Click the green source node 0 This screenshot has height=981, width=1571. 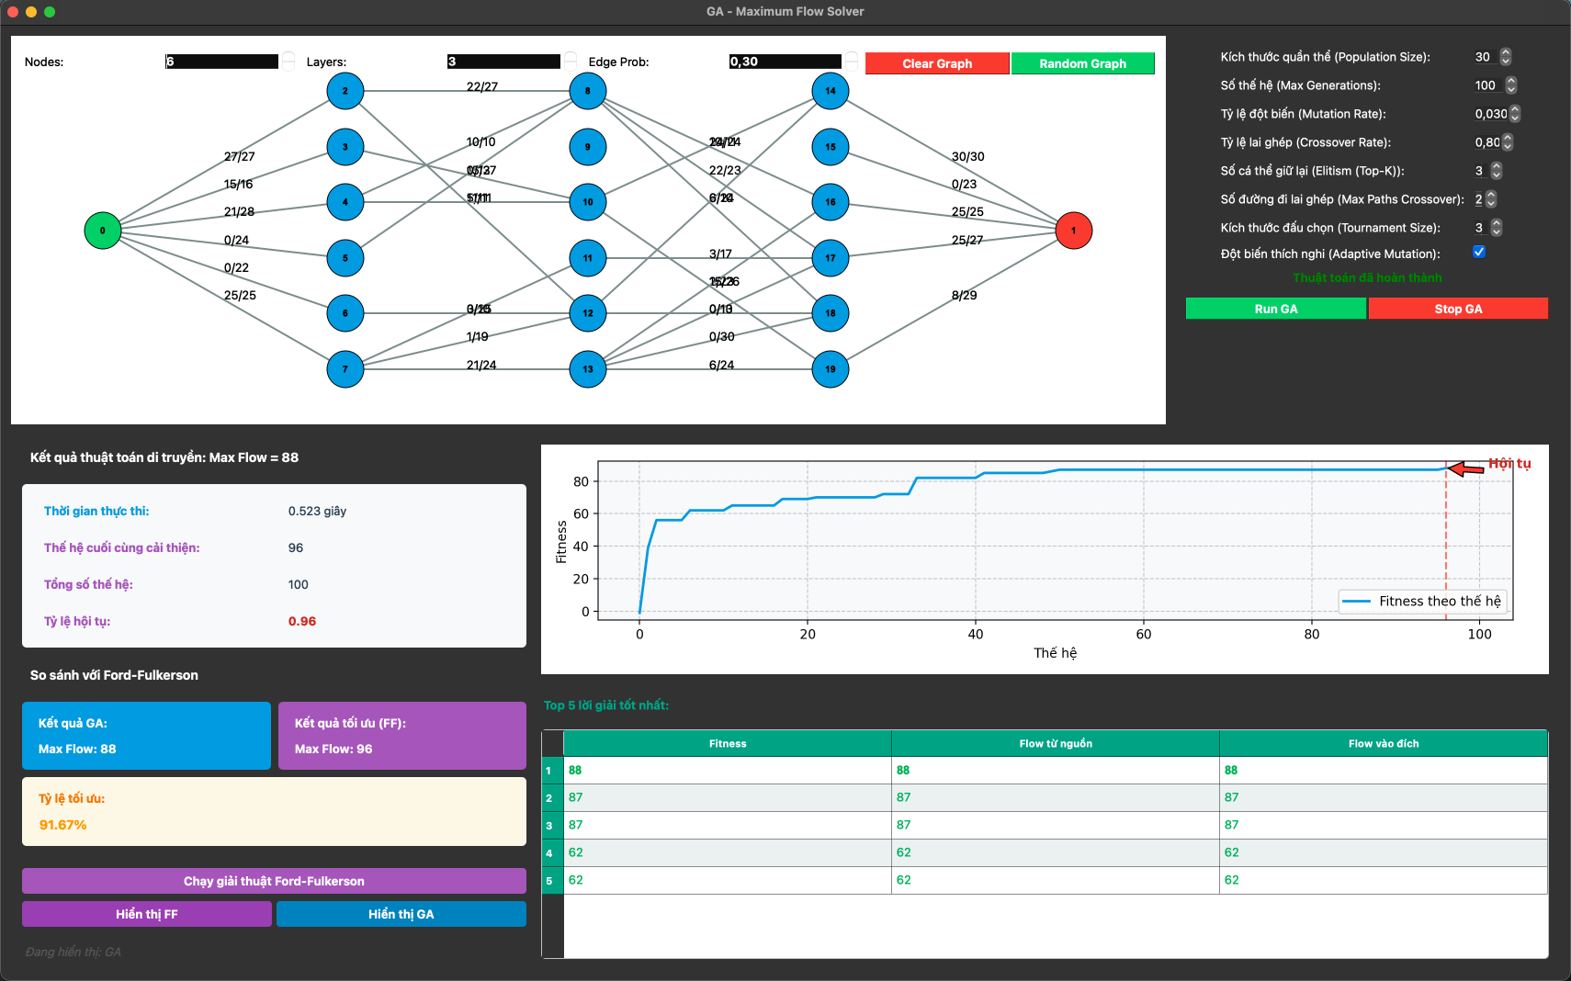coord(103,231)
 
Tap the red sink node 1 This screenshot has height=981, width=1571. coord(1073,231)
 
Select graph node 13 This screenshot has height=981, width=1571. coord(588,369)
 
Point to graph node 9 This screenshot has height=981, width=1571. coord(588,147)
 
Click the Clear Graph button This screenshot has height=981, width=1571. coord(937,63)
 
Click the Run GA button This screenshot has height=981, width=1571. coord(1276,309)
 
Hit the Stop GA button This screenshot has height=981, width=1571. coord(1458,309)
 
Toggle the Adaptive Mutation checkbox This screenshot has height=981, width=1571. coord(1479,253)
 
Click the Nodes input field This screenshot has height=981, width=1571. coord(221,62)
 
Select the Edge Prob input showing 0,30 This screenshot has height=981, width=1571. coord(785,62)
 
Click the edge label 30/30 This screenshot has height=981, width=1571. coord(967,157)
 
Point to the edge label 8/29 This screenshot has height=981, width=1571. coord(964,296)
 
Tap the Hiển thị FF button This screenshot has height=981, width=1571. coord(147,914)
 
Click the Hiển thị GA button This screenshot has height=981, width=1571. coord(401,914)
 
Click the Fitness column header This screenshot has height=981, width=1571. coord(728,744)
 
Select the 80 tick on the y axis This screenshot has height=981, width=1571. coord(581,481)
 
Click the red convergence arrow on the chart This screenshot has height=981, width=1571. coord(1466,469)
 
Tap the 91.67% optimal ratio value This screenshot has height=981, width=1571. coord(62,825)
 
